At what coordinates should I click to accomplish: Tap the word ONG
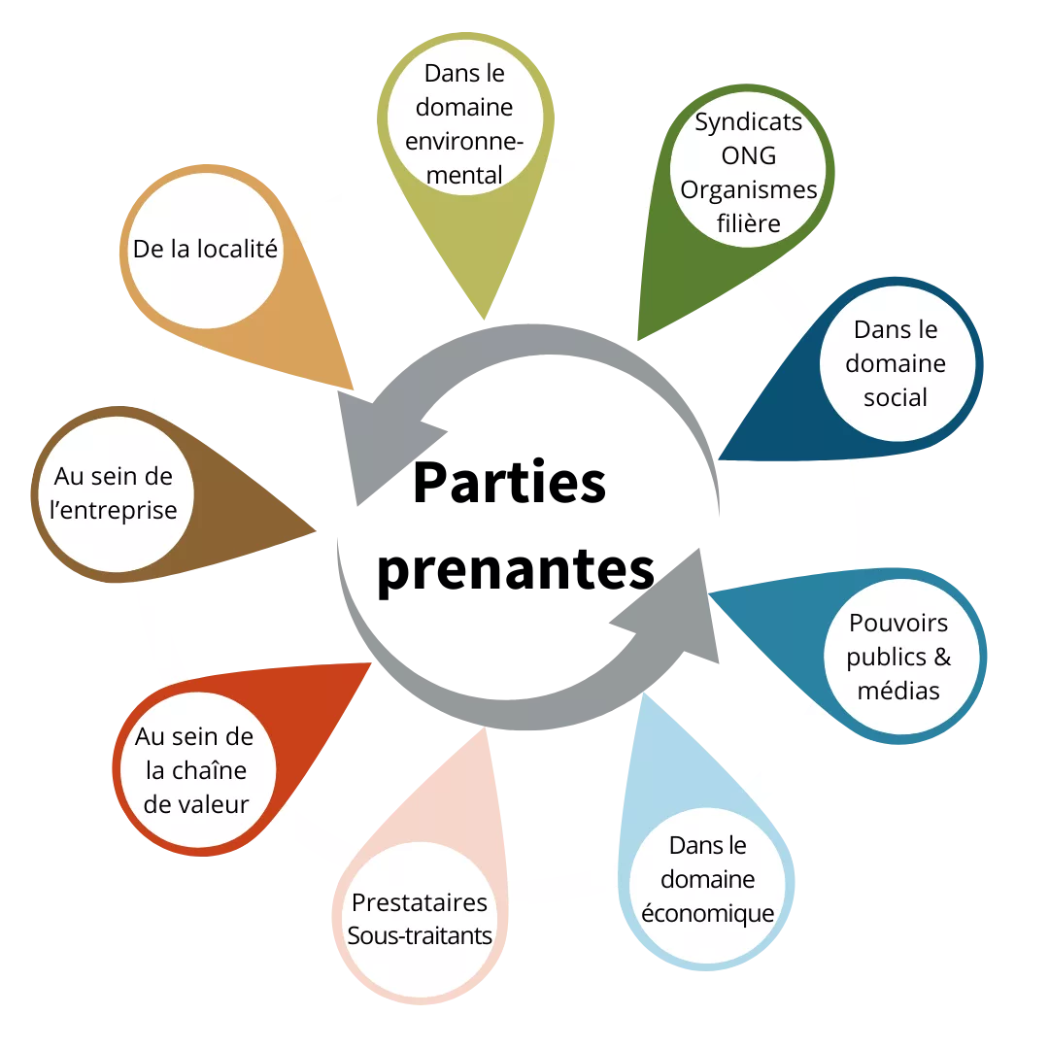748,156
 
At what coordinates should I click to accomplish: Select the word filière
748,223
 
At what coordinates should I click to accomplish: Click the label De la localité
205,250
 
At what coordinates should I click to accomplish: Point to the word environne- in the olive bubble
463,141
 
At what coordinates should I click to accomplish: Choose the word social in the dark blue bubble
895,397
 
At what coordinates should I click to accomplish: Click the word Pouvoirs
898,623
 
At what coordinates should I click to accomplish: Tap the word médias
898,691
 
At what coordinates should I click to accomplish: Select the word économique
707,913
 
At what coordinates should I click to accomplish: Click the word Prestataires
419,902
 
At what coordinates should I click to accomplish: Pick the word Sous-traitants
419,935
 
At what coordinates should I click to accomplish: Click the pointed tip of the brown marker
317,528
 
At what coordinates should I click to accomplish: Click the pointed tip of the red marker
372,663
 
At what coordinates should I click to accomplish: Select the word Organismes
748,190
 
